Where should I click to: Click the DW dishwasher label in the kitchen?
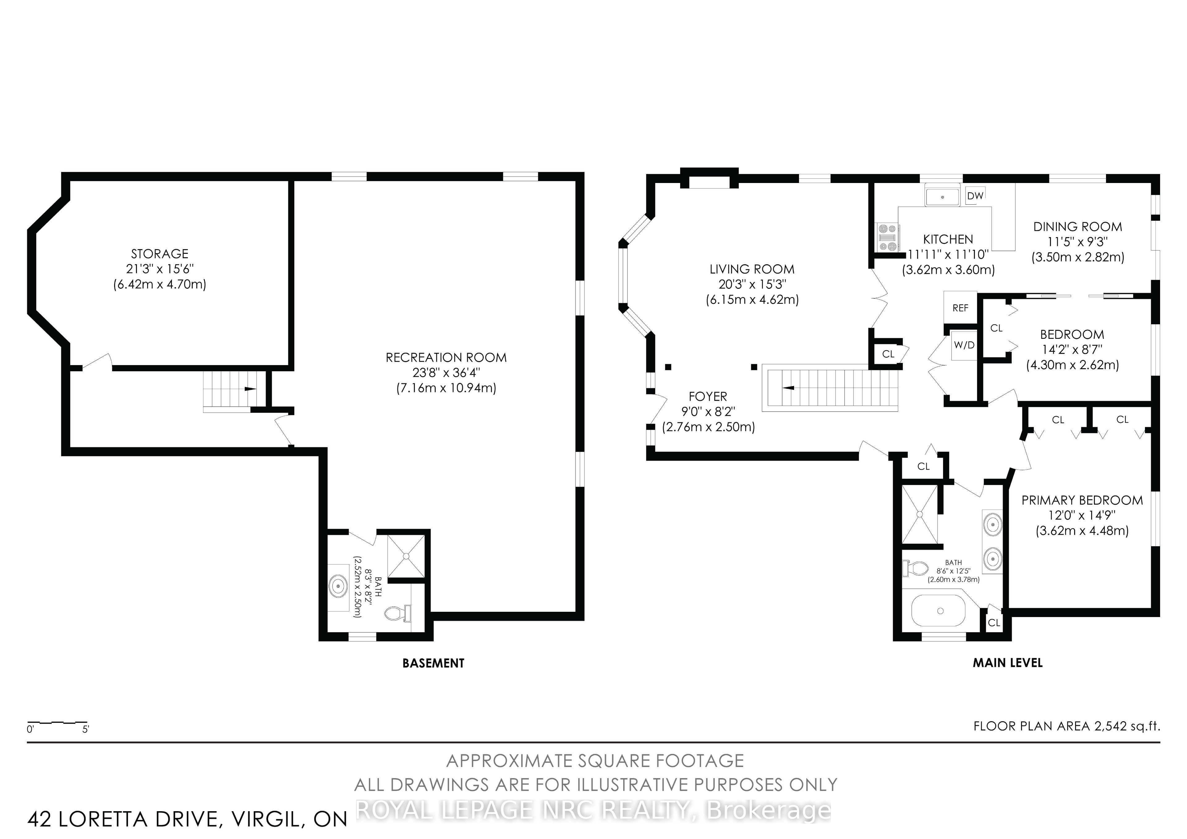tap(975, 196)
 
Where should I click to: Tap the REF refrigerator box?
tap(960, 308)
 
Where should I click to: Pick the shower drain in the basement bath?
tap(406, 556)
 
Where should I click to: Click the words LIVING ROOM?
tap(752, 269)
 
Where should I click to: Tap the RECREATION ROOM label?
tap(446, 358)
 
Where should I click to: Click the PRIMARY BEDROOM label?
tap(1082, 500)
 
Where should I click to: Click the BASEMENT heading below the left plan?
tap(433, 663)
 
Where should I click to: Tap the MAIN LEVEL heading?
tap(1008, 663)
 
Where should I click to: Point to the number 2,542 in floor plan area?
tap(1110, 726)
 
